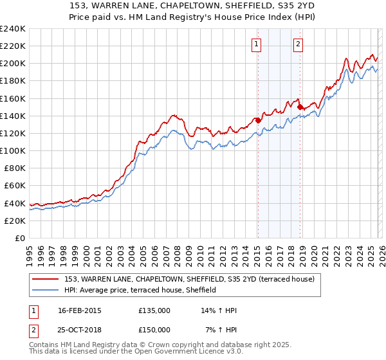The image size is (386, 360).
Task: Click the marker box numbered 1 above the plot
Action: [x=256, y=44]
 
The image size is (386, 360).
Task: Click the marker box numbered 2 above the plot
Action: [x=299, y=44]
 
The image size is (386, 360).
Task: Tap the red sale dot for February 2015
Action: [x=257, y=120]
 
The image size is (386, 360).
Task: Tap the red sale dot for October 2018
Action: [x=300, y=107]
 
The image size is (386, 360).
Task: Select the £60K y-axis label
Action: [x=14, y=186]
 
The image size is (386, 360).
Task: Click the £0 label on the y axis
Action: [x=19, y=238]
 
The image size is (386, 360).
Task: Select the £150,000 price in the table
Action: [x=154, y=330]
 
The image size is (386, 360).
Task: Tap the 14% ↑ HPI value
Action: [x=219, y=310]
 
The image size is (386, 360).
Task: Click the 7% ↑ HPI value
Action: [x=221, y=330]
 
